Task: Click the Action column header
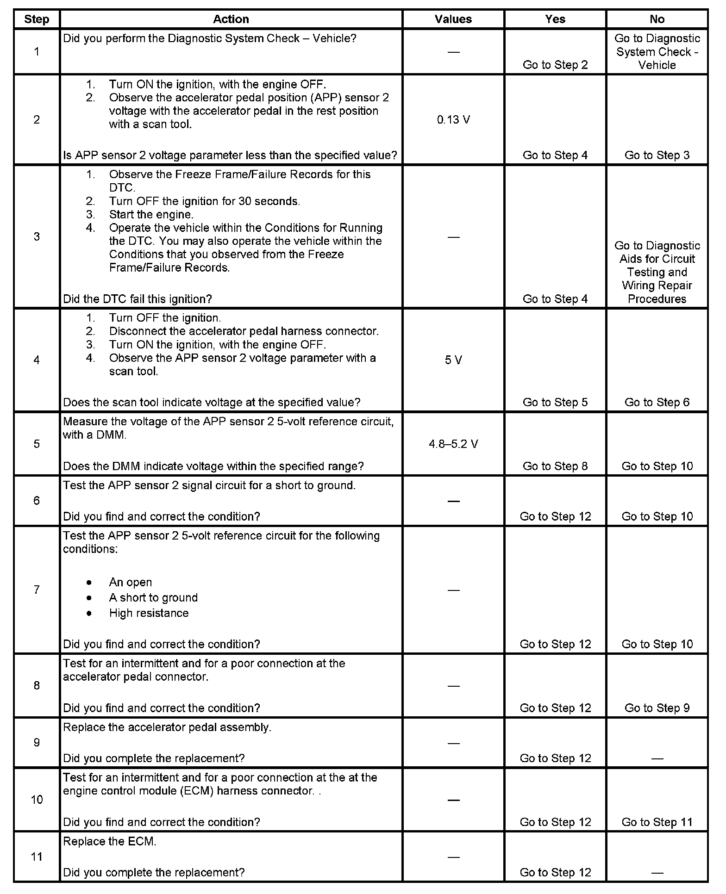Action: (231, 19)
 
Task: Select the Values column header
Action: (453, 19)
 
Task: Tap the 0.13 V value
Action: (453, 120)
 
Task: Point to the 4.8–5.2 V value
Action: (453, 444)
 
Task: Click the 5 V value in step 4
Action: (453, 360)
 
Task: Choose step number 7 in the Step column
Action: (37, 590)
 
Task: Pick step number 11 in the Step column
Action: (37, 857)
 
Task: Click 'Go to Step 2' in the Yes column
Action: (555, 65)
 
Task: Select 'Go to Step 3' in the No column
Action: (657, 155)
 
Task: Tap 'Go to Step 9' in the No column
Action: (657, 708)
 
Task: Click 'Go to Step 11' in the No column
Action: (657, 822)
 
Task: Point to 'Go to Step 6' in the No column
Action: (657, 403)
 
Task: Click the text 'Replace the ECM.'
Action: (110, 841)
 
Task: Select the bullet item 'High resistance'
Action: (149, 613)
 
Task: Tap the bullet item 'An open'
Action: (131, 582)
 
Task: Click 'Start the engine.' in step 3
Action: (151, 215)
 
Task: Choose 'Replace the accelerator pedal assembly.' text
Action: (167, 727)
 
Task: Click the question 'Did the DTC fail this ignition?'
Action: (138, 299)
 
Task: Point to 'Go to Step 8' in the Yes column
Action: (555, 466)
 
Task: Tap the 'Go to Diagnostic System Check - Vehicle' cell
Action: (657, 51)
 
